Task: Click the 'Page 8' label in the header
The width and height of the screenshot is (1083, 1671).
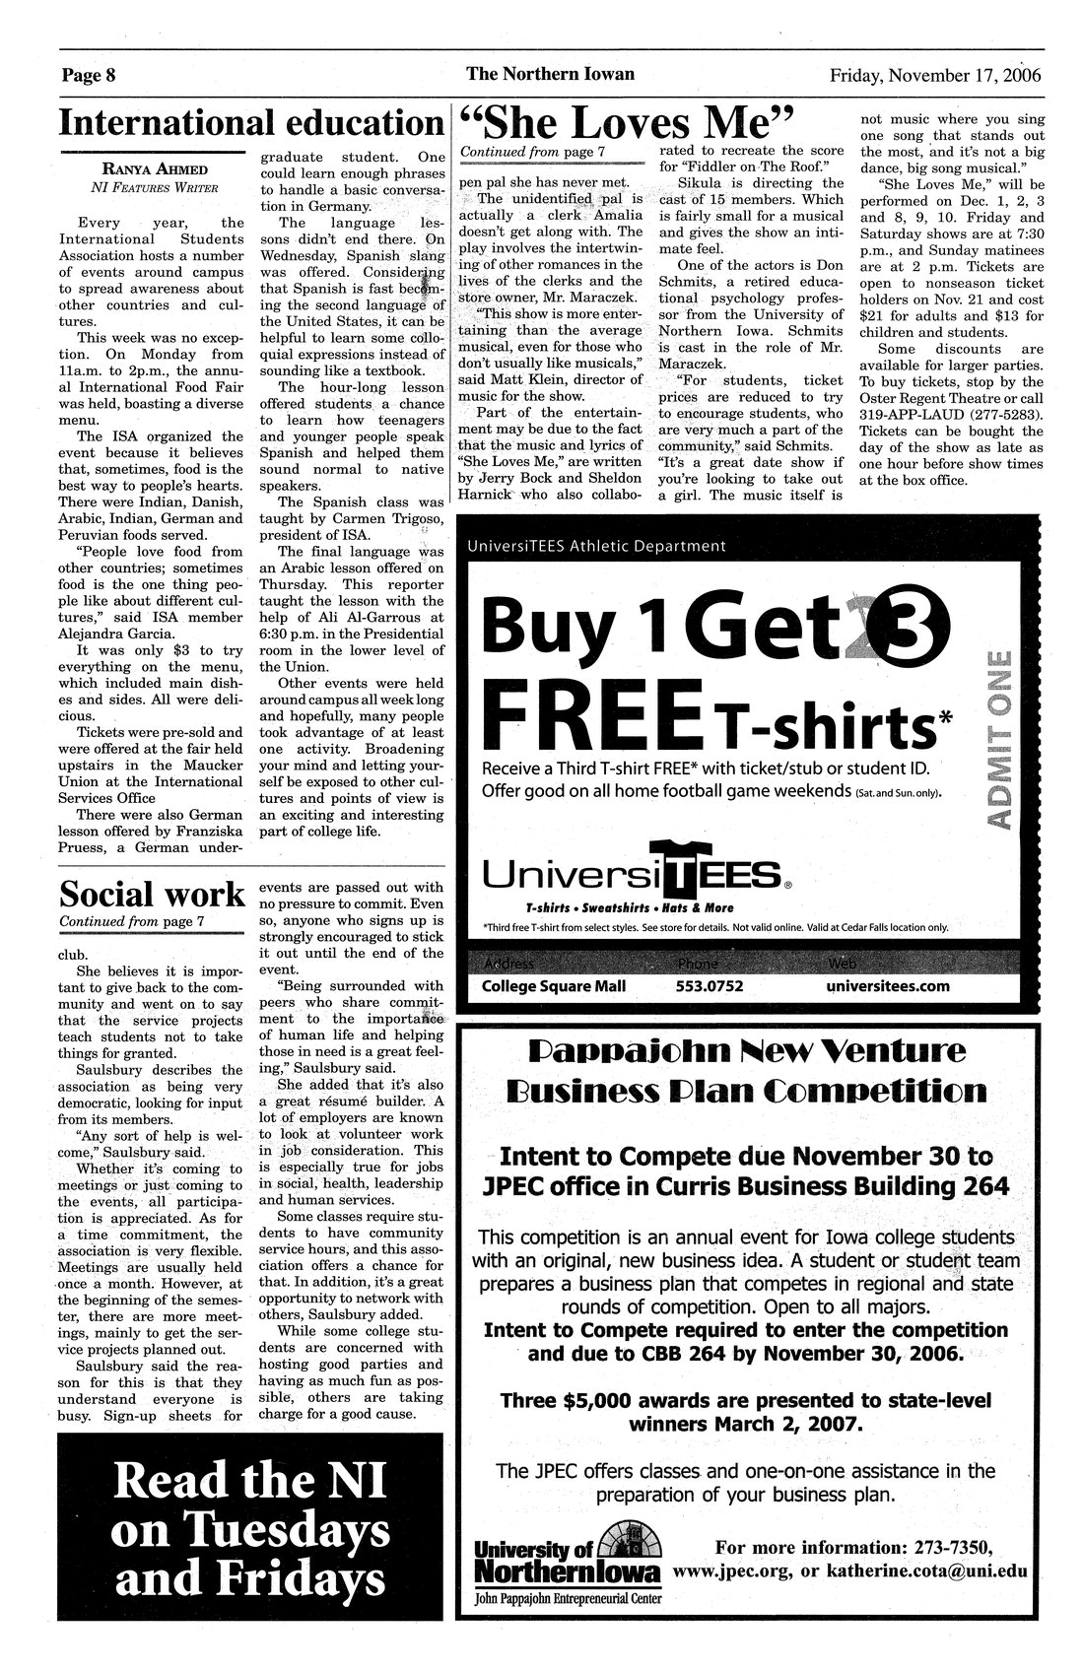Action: [90, 75]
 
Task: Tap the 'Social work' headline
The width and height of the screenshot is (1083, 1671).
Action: [152, 893]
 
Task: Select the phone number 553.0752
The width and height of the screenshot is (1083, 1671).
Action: [710, 985]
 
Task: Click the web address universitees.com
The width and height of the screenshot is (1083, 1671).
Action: [888, 985]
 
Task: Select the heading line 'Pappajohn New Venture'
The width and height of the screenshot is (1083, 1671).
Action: [747, 1051]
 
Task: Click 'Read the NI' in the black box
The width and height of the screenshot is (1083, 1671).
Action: [251, 1483]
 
